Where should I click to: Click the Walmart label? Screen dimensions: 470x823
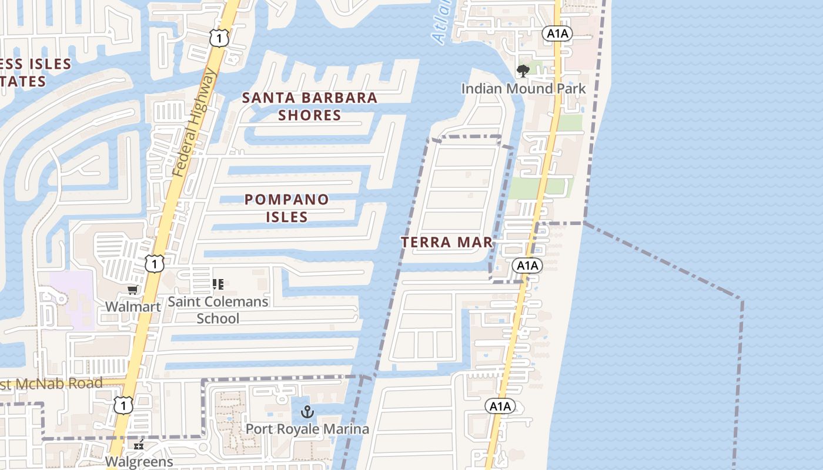pyautogui.click(x=133, y=307)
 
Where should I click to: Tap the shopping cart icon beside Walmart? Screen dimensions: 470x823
pyautogui.click(x=133, y=290)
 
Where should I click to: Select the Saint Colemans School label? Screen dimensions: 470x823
pyautogui.click(x=218, y=310)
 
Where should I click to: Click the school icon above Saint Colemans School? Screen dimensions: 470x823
pyautogui.click(x=218, y=285)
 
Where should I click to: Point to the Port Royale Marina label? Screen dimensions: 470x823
pyautogui.click(x=307, y=429)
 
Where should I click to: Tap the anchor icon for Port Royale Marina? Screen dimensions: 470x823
pyautogui.click(x=307, y=412)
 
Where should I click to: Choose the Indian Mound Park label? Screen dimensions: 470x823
pyautogui.click(x=523, y=89)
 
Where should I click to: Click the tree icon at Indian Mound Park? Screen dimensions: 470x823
pyautogui.click(x=523, y=72)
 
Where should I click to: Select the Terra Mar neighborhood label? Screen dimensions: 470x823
pyautogui.click(x=447, y=242)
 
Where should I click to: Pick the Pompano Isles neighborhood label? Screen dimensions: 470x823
pyautogui.click(x=287, y=208)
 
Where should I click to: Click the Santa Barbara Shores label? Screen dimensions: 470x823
pyautogui.click(x=310, y=106)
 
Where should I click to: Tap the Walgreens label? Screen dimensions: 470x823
pyautogui.click(x=140, y=461)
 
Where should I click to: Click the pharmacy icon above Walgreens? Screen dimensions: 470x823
pyautogui.click(x=139, y=445)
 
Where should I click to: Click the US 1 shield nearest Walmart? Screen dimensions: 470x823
pyautogui.click(x=155, y=264)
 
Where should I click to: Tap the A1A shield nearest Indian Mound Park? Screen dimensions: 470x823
pyautogui.click(x=557, y=33)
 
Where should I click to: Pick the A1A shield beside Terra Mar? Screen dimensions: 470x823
pyautogui.click(x=527, y=266)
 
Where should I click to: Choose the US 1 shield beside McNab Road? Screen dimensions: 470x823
pyautogui.click(x=123, y=405)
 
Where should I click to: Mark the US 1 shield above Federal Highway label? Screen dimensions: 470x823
pyautogui.click(x=219, y=39)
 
